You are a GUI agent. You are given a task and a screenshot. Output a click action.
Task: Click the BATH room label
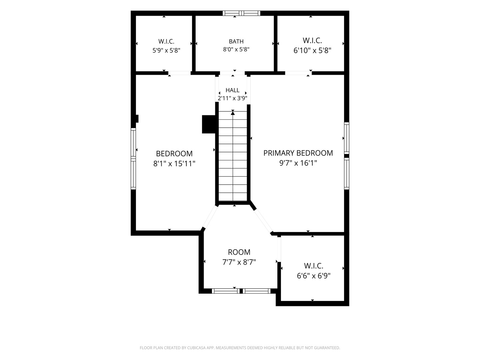236,41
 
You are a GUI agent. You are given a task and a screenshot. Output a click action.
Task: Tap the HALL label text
232,90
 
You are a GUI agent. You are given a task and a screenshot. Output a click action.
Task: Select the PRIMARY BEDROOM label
298,153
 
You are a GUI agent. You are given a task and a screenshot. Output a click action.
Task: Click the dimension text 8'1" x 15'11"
174,163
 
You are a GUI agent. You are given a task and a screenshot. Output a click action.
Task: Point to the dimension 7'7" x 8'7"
239,262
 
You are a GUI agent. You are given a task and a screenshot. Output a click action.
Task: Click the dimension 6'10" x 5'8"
312,51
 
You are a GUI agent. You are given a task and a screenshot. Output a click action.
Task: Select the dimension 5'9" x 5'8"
166,50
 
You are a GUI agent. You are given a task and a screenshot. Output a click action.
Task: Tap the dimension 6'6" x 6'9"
313,276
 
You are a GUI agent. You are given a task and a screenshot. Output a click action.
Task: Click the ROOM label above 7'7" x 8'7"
239,252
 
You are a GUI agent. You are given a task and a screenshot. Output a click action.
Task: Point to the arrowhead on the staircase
233,113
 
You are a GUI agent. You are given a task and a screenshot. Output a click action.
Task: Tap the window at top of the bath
241,13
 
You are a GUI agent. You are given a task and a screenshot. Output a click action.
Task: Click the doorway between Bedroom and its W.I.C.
179,73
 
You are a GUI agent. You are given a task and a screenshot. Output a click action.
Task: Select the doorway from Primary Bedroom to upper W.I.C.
298,73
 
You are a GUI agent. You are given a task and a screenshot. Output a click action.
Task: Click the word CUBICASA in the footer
196,348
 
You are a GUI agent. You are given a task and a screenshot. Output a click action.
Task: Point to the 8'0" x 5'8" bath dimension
236,49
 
